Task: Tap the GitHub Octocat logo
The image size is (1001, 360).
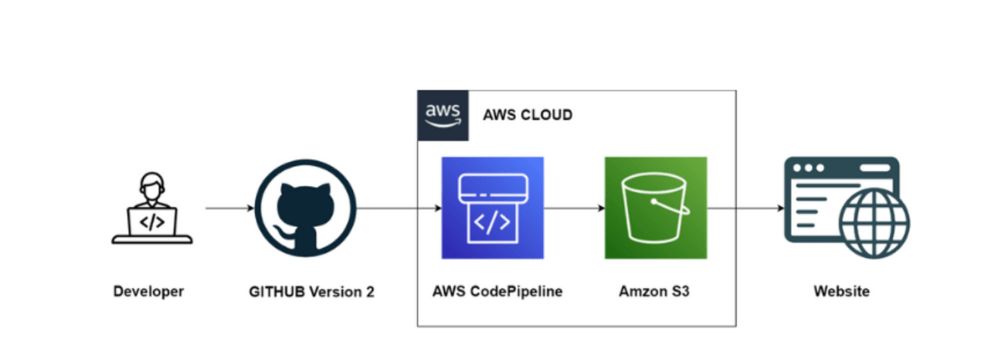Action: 305,209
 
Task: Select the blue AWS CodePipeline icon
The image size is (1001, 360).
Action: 492,208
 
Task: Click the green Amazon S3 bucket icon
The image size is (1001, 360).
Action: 655,208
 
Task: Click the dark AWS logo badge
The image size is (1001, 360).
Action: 443,115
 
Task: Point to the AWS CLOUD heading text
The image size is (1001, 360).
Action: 528,116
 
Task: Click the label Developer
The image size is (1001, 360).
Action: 149,292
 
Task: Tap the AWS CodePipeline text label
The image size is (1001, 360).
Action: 497,292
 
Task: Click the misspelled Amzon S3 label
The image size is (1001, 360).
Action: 655,292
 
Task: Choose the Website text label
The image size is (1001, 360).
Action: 841,292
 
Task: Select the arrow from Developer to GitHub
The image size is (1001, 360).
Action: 229,209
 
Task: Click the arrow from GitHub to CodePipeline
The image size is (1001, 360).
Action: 399,209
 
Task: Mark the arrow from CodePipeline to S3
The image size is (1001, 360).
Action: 574,209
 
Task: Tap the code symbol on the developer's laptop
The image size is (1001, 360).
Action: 152,222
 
